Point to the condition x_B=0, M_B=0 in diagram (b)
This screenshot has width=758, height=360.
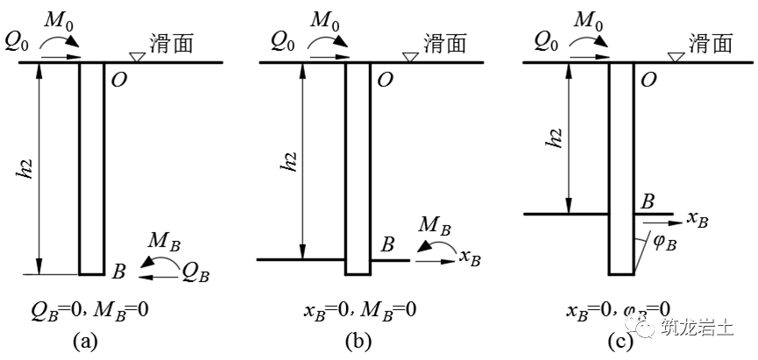click(x=359, y=310)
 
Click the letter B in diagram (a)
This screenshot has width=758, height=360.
click(x=119, y=272)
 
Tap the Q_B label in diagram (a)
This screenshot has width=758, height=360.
click(x=195, y=274)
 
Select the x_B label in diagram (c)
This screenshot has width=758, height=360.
click(x=698, y=219)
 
